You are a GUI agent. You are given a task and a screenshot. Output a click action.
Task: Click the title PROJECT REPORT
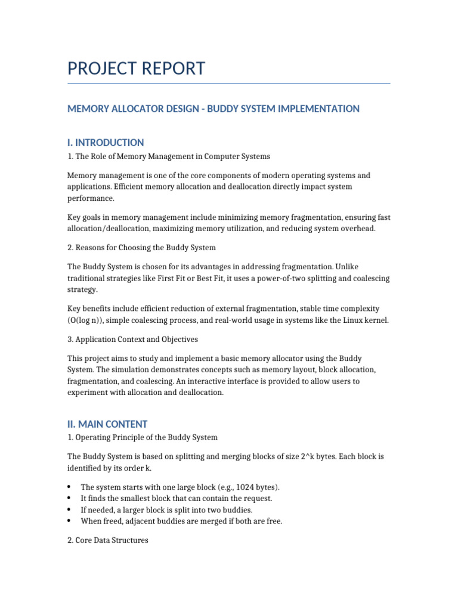(136, 69)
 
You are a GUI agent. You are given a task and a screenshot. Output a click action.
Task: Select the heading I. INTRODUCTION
(105, 142)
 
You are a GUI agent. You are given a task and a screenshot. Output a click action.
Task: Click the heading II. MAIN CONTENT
(107, 424)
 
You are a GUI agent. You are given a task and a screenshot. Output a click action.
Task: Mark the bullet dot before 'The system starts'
(70, 487)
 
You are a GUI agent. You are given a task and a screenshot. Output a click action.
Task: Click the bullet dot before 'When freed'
(70, 521)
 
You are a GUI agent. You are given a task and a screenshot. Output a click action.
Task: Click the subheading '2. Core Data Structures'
(107, 541)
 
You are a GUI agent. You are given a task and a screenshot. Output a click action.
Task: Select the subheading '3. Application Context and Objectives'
(132, 340)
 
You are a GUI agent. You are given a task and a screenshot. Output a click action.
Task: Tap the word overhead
(359, 229)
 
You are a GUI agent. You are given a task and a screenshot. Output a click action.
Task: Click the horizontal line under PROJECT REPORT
(228, 83)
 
